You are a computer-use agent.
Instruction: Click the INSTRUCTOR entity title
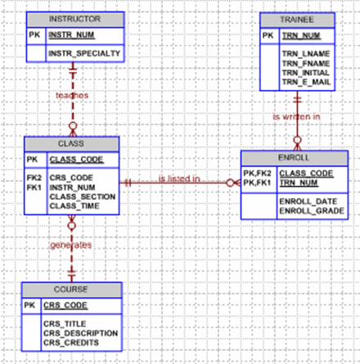point(74,18)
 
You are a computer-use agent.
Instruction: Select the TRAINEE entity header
point(297,18)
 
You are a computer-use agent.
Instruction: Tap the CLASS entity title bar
point(72,144)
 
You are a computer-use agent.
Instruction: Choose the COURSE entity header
point(72,290)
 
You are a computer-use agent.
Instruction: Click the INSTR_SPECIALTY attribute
point(84,53)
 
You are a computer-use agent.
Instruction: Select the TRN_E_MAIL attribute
point(307,83)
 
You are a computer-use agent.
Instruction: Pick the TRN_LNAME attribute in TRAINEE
point(304,53)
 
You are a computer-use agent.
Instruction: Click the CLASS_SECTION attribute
point(82,195)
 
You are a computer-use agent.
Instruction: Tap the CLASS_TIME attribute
point(74,205)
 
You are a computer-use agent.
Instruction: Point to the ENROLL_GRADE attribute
point(312,210)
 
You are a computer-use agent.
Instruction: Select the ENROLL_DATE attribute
point(308,200)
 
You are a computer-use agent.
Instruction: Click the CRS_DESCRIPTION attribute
point(80,333)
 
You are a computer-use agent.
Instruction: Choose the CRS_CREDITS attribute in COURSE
point(72,343)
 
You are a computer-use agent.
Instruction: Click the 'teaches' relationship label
point(72,95)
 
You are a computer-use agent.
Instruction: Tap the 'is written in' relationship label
point(296,117)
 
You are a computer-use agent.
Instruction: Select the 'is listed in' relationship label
point(180,178)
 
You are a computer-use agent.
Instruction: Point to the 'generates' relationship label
point(72,244)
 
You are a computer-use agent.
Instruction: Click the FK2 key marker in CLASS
point(34,176)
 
